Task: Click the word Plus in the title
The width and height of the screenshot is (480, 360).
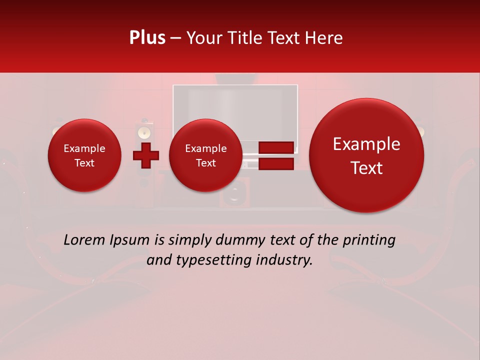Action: (x=147, y=38)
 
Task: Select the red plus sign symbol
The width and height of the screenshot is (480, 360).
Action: (x=145, y=155)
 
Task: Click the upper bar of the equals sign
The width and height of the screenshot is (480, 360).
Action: (x=275, y=147)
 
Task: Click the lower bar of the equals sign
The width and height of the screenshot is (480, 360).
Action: (x=275, y=164)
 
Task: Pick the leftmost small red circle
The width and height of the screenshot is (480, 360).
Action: (x=84, y=155)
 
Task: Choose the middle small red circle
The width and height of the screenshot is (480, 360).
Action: (x=205, y=155)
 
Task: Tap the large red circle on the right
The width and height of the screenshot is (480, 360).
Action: (x=366, y=155)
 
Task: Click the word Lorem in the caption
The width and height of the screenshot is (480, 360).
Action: (x=84, y=240)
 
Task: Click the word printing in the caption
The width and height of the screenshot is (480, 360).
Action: (x=369, y=240)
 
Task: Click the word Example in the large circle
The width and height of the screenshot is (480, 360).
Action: (x=366, y=144)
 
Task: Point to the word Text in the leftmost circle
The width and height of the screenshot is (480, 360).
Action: (x=84, y=163)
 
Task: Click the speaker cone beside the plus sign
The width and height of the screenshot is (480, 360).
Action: (x=144, y=132)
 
